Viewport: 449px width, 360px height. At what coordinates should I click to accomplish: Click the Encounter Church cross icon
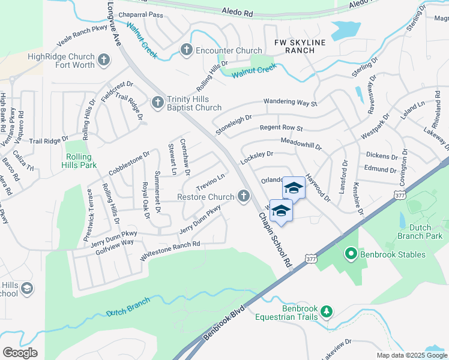(x=186, y=50)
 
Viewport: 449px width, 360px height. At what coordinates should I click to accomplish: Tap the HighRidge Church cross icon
(x=104, y=59)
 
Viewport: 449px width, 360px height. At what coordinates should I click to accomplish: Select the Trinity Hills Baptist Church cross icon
(x=157, y=102)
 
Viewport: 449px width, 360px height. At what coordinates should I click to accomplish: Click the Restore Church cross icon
(x=243, y=196)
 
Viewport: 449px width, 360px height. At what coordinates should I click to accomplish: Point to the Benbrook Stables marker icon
(x=351, y=254)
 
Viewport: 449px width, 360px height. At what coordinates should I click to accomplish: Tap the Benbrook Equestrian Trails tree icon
(x=327, y=311)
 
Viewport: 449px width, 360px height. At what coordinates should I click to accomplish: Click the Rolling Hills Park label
(x=80, y=160)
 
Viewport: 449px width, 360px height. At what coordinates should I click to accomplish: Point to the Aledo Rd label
(x=238, y=11)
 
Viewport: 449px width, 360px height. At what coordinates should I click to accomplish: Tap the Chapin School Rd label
(x=276, y=239)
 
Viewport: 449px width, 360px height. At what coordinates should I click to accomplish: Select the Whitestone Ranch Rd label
(x=170, y=250)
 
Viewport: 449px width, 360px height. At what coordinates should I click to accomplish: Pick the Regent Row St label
(x=281, y=128)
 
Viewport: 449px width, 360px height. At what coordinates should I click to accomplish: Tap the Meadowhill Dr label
(x=301, y=143)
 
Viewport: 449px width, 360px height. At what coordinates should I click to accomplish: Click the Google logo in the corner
(x=20, y=353)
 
